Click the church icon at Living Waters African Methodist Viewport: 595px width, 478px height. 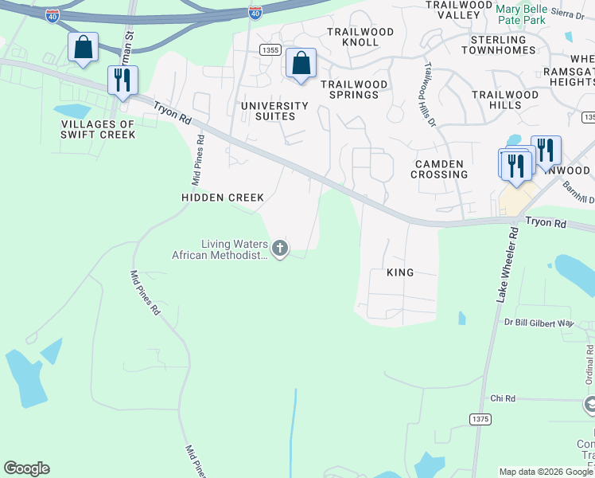(279, 249)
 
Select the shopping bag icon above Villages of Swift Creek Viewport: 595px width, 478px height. (83, 48)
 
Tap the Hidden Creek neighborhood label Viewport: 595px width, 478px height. (222, 197)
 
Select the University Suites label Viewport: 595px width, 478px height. (274, 111)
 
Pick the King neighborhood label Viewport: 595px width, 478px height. (400, 272)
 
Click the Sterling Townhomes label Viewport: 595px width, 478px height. (498, 45)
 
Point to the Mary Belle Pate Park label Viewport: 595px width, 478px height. (521, 14)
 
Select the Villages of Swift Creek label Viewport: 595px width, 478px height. (98, 129)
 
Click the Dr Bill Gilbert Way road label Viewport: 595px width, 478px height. (539, 323)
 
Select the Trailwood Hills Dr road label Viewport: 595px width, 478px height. (430, 95)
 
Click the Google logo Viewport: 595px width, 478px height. (26, 468)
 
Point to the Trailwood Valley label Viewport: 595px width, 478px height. (459, 10)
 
